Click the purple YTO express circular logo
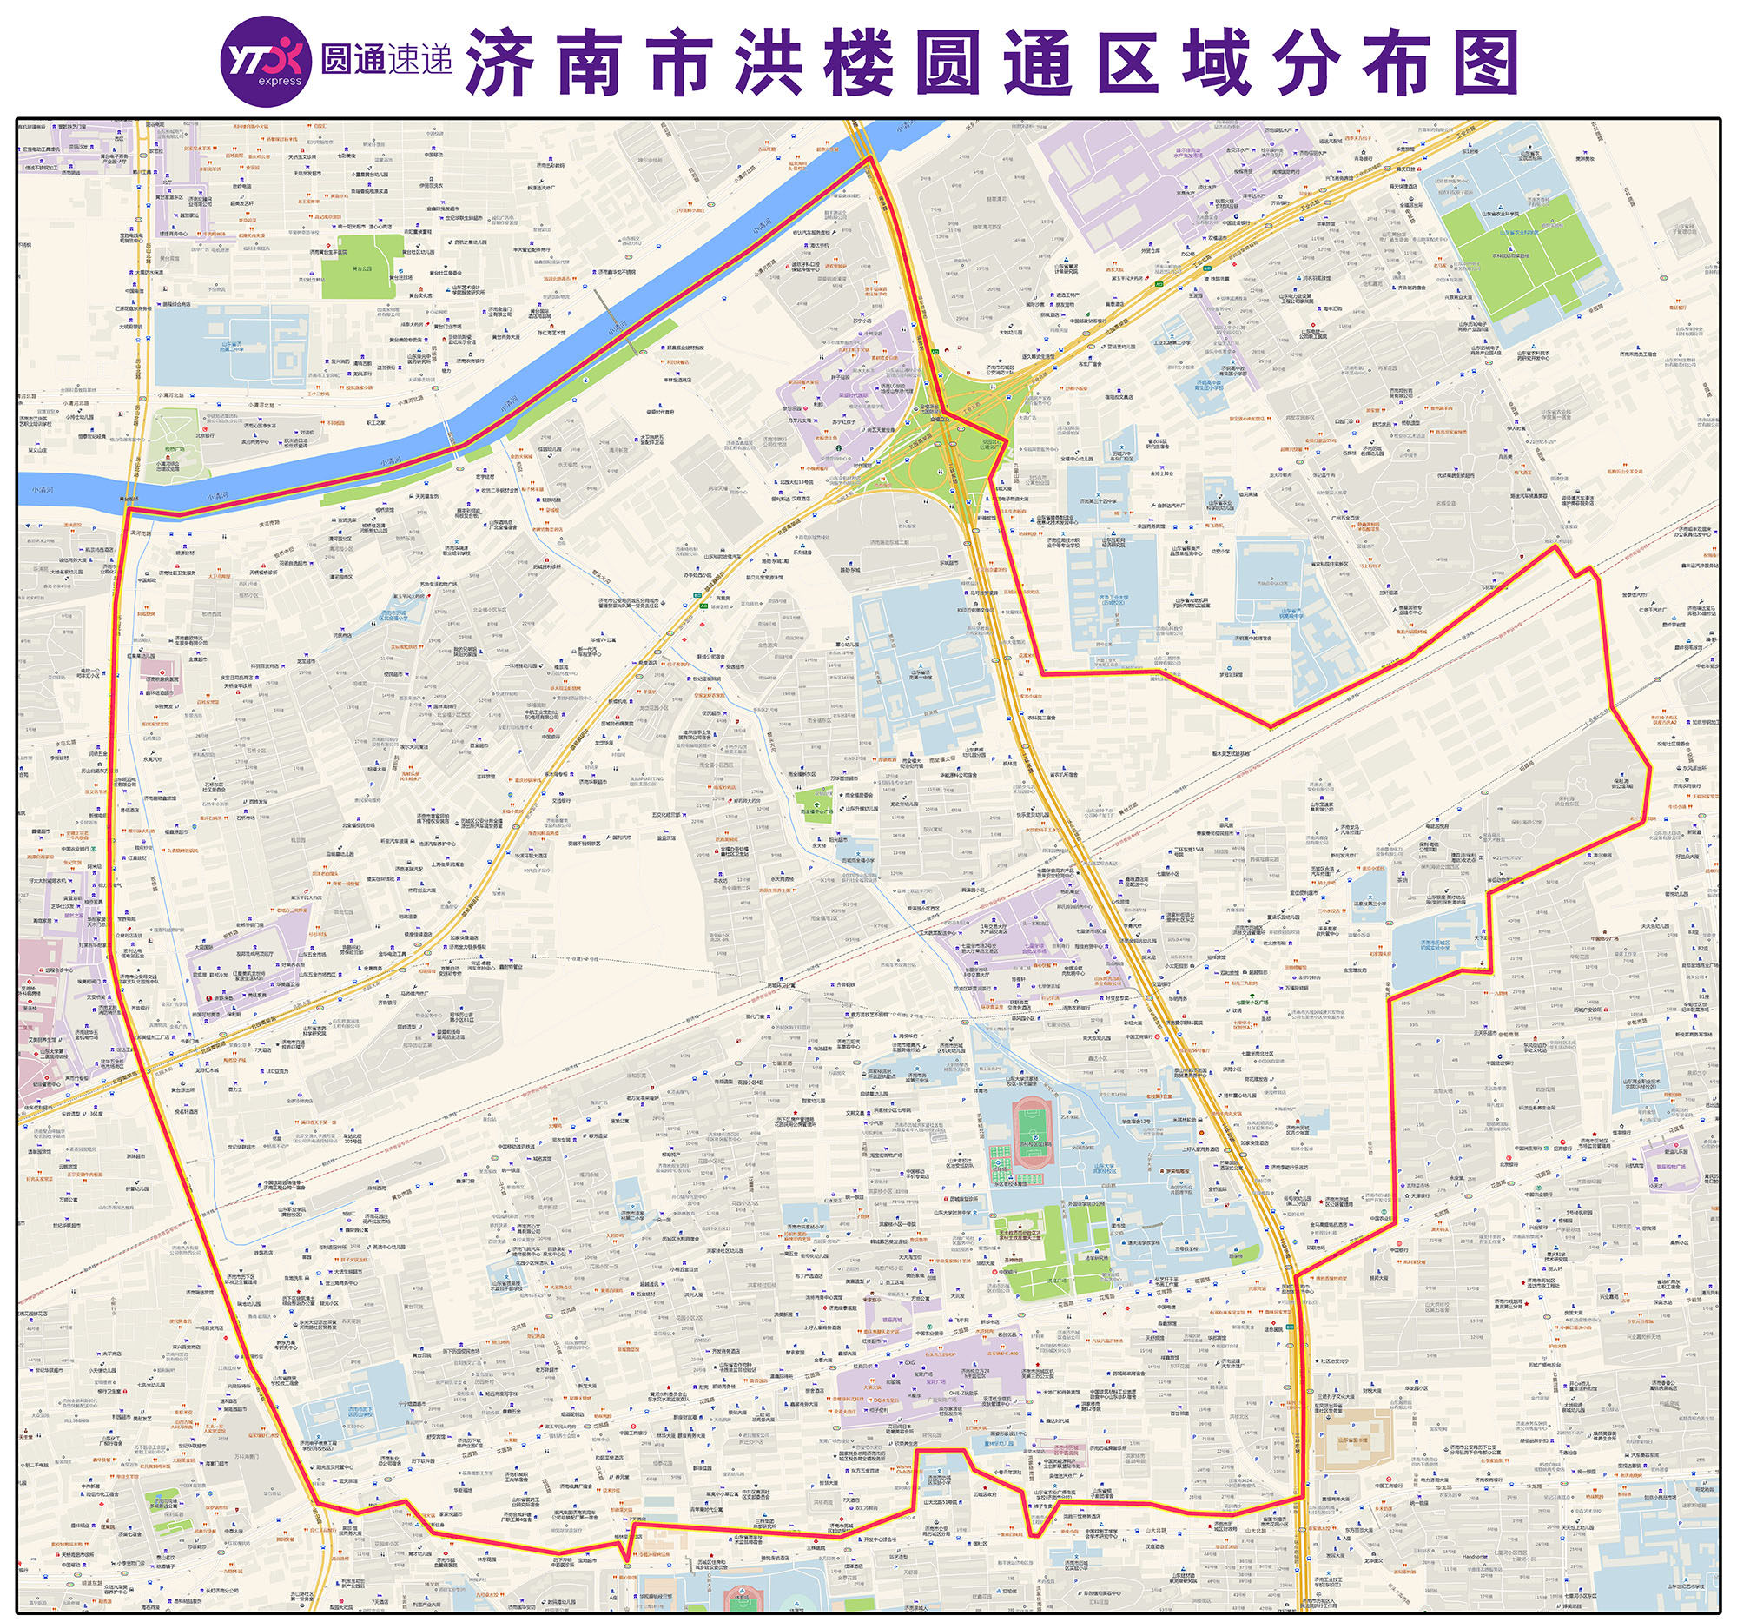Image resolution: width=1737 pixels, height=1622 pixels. point(265,62)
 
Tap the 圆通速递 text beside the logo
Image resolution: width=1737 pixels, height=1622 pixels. point(386,60)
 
